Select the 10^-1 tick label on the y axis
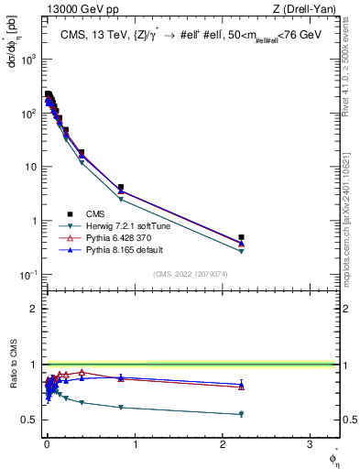[x=29, y=275]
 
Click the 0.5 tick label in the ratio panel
[x=28, y=420]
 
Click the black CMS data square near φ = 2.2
[x=241, y=237]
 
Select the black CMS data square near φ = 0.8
[x=120, y=187]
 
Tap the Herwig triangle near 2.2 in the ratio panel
[x=241, y=414]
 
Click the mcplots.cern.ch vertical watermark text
[x=349, y=229]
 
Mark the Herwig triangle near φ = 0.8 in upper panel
[x=120, y=199]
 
